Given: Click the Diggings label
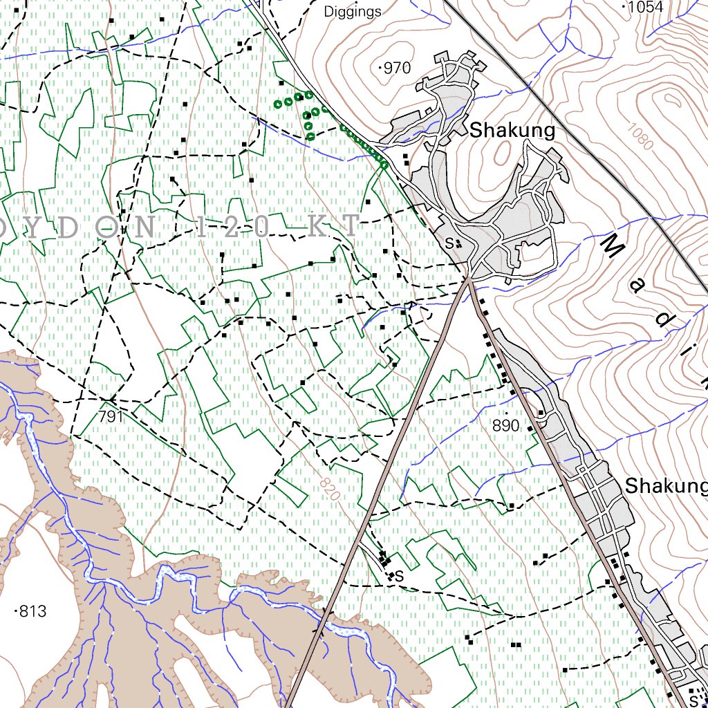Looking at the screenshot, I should click(x=352, y=11).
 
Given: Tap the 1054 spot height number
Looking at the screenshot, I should click(x=646, y=7).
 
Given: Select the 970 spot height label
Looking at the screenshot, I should click(x=398, y=68).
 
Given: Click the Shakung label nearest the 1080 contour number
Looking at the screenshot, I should click(x=512, y=130).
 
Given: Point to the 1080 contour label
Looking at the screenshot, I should click(x=641, y=136).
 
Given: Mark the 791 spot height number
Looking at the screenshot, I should click(x=110, y=416).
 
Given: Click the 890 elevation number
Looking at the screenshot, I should click(x=505, y=426).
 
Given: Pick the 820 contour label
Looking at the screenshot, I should click(x=330, y=487).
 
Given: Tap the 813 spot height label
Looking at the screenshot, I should click(x=32, y=611).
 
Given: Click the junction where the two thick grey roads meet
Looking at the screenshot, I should click(x=469, y=279).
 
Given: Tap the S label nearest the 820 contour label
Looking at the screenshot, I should click(x=398, y=575).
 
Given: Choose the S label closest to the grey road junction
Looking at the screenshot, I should click(x=449, y=243).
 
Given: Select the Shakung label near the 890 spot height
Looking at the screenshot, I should click(x=666, y=486).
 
